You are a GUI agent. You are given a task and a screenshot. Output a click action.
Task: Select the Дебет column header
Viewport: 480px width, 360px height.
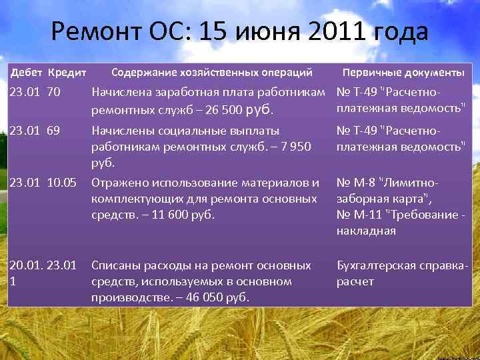[x=27, y=71]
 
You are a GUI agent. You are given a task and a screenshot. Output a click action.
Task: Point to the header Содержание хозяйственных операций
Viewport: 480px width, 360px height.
[x=212, y=71]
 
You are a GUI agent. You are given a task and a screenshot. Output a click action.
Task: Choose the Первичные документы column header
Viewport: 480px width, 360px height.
[x=403, y=71]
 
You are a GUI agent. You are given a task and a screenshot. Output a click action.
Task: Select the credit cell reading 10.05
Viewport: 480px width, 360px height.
[x=62, y=182]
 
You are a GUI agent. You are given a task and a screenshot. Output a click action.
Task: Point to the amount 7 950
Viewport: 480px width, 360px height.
[x=293, y=146]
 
